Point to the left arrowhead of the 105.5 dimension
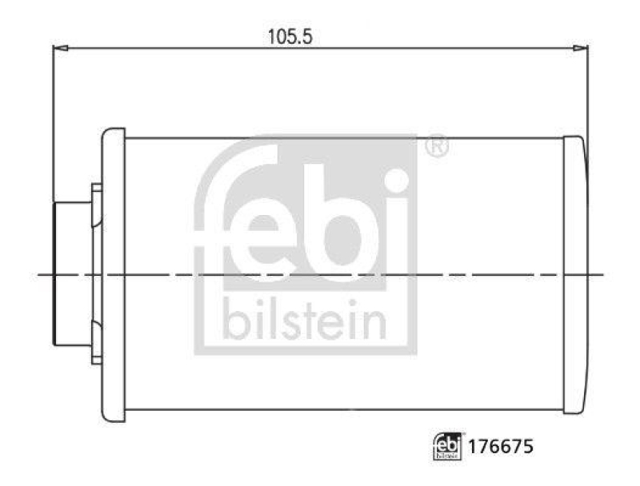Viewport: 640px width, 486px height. click(58, 49)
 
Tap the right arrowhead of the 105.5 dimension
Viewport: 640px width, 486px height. click(582, 49)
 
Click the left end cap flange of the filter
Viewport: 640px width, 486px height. click(114, 274)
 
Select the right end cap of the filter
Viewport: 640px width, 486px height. click(574, 274)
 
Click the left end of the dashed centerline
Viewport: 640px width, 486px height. click(40, 274)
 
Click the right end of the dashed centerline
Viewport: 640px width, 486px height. click(605, 274)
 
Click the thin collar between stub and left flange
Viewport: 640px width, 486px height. click(96, 274)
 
